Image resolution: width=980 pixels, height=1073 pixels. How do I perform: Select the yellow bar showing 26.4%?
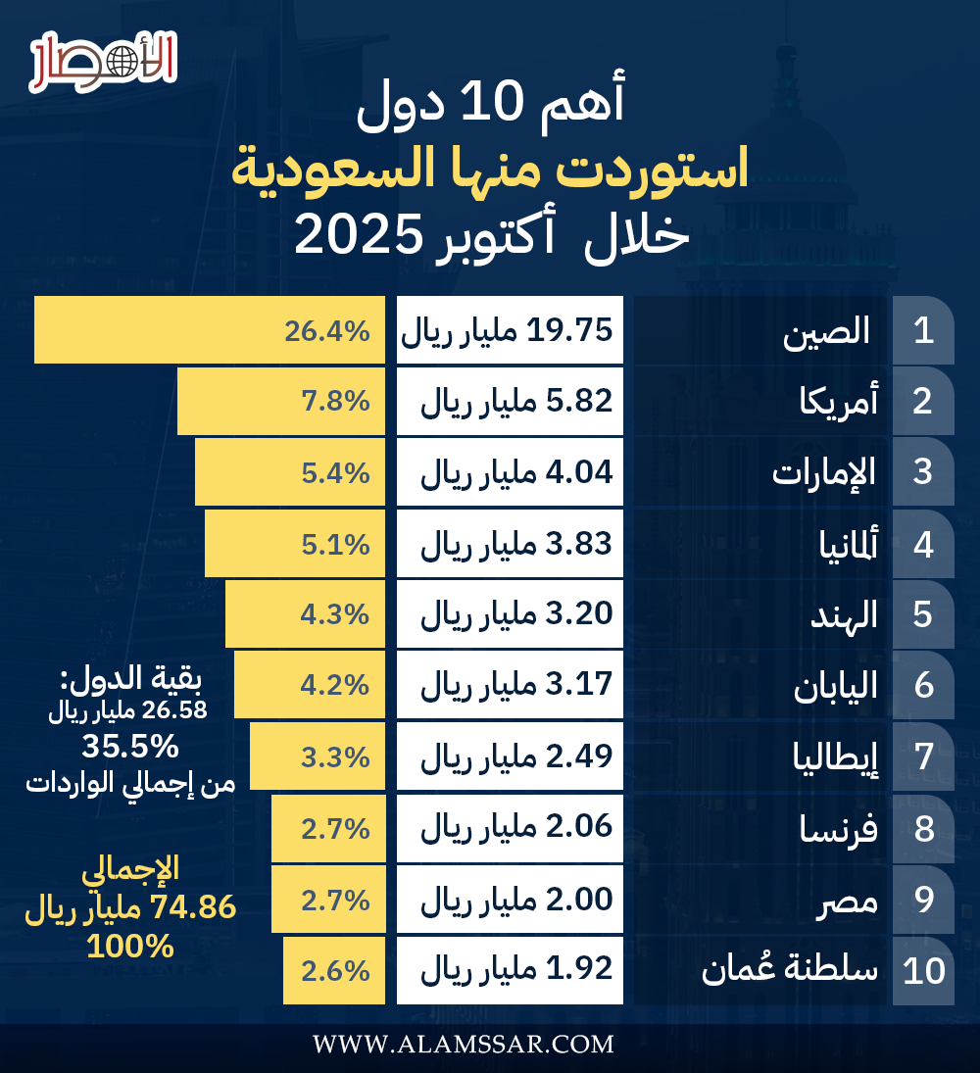coord(208,329)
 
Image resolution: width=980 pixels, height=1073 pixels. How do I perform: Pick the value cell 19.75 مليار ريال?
coord(510,329)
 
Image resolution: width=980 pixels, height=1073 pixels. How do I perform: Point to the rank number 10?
coord(923,970)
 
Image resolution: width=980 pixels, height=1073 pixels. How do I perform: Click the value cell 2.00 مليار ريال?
coord(510,899)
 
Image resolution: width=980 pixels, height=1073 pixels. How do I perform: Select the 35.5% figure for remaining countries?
coord(130,748)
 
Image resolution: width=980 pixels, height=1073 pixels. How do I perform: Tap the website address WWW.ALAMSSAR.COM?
coord(464,1045)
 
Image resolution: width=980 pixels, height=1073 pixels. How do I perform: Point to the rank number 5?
coord(923,614)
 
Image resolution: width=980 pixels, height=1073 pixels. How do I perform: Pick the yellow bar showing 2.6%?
coord(333,970)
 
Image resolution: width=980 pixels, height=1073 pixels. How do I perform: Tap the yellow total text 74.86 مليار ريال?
coord(130,908)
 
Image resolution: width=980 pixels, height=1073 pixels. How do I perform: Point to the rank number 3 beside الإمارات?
coord(923,471)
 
